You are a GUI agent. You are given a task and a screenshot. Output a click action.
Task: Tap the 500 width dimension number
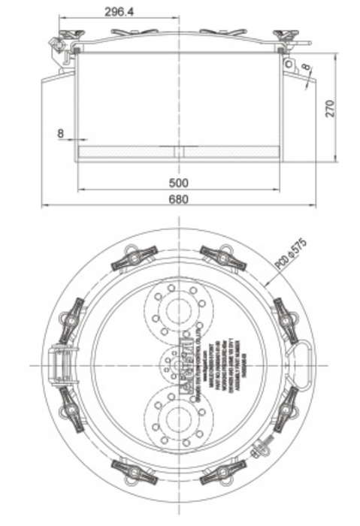[178, 183]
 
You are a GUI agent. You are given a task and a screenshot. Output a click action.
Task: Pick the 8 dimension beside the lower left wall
[60, 133]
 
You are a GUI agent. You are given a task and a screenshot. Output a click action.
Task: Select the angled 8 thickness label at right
[307, 70]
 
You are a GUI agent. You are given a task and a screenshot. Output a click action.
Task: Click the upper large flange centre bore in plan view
[179, 310]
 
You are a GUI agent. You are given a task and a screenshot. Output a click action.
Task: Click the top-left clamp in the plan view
[134, 257]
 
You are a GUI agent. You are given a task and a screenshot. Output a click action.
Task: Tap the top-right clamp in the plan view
[223, 257]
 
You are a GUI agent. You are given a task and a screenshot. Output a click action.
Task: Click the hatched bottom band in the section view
[179, 153]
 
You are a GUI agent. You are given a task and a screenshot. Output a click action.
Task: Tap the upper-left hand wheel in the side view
[72, 35]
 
